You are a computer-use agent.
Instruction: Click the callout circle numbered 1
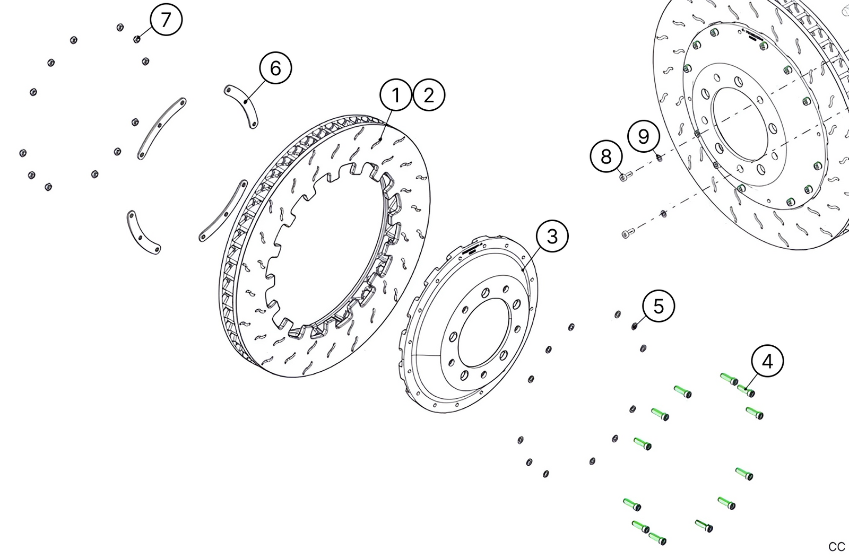tap(396, 95)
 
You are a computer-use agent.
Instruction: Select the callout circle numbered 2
tap(429, 95)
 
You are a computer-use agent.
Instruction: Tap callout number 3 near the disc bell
tap(552, 236)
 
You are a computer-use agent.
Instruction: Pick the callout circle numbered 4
tap(767, 361)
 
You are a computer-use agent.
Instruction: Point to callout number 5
tap(659, 306)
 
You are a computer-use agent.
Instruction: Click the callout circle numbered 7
tap(166, 20)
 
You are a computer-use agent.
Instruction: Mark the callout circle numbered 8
tap(607, 156)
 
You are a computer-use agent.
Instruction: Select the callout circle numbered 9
tap(644, 137)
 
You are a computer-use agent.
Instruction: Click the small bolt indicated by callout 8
tap(625, 177)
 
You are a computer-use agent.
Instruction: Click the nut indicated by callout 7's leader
tap(137, 39)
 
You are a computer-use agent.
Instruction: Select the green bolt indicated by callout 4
tap(746, 391)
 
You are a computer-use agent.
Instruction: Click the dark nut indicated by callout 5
tap(634, 326)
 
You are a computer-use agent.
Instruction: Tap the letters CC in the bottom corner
tap(836, 547)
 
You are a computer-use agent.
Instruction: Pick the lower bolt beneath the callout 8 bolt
tap(628, 233)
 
